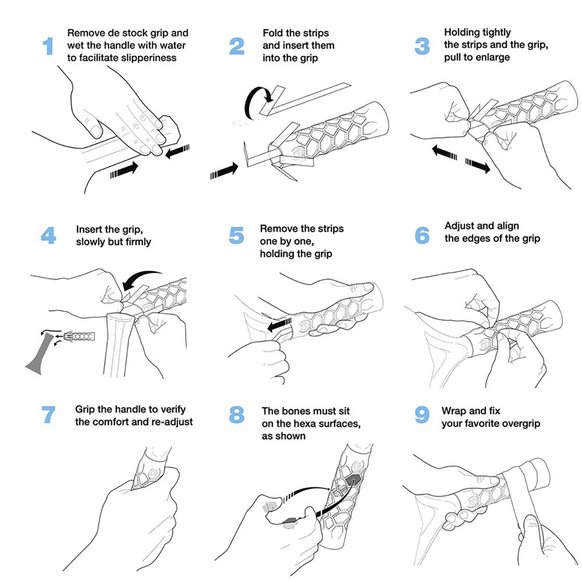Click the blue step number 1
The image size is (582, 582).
click(x=48, y=47)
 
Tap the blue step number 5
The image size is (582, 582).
click(x=236, y=236)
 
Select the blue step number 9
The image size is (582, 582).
click(x=422, y=415)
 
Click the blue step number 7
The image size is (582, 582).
click(x=48, y=415)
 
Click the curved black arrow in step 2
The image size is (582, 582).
click(x=255, y=102)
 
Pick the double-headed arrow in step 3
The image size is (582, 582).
click(x=461, y=159)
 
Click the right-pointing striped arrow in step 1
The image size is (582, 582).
click(x=125, y=170)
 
